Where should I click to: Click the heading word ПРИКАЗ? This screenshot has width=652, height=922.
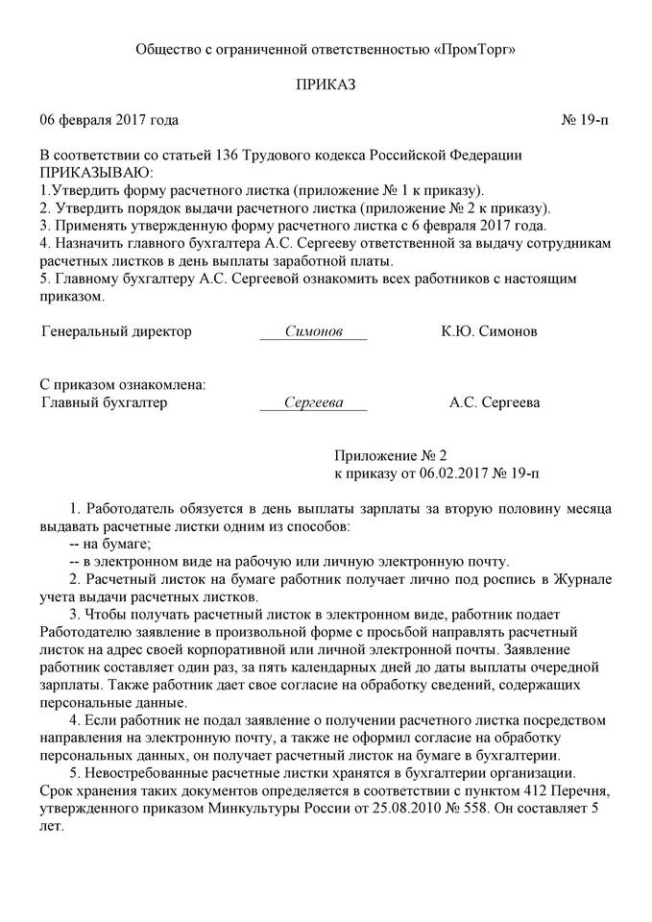point(326,85)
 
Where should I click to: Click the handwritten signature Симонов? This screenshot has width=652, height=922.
point(313,331)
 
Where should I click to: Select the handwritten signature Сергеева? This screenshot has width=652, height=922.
point(313,403)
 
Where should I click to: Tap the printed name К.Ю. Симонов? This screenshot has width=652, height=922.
point(489,331)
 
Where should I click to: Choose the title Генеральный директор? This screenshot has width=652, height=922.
point(117,331)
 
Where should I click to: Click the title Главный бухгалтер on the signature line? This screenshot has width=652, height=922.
point(106,403)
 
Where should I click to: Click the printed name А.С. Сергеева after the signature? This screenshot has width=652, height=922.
point(494,403)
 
